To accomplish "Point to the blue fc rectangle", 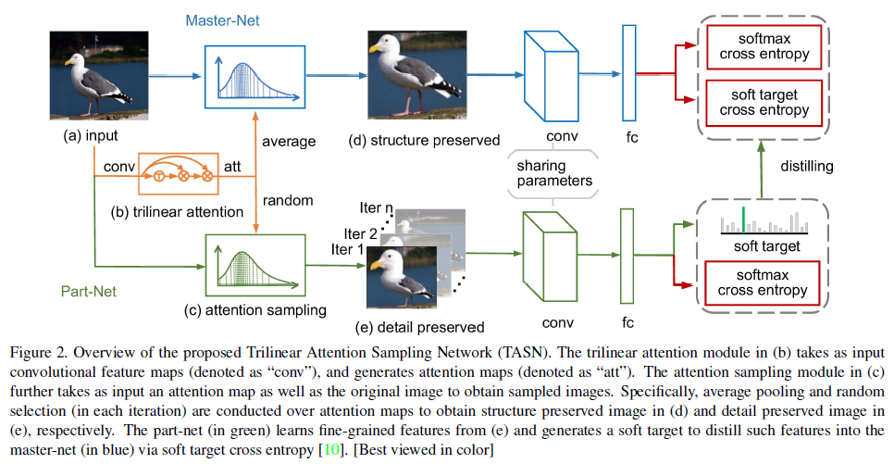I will click(629, 72).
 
